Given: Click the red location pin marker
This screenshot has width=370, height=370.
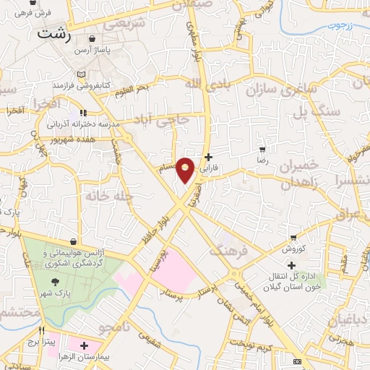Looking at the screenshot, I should [186, 170].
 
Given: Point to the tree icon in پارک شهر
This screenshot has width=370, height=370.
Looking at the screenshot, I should [54, 283].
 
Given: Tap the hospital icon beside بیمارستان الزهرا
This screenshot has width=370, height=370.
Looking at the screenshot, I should [85, 347].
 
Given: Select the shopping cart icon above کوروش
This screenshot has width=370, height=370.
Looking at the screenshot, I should [293, 237].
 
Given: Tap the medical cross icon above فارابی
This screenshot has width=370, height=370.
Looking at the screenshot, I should [208, 157].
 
